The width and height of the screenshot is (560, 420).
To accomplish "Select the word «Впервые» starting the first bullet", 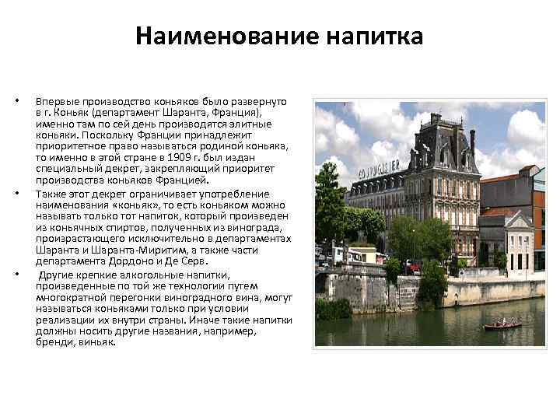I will [x=54, y=102].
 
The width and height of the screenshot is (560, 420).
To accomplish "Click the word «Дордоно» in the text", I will [x=144, y=262].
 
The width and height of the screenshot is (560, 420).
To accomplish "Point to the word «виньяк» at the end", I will [x=96, y=342].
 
